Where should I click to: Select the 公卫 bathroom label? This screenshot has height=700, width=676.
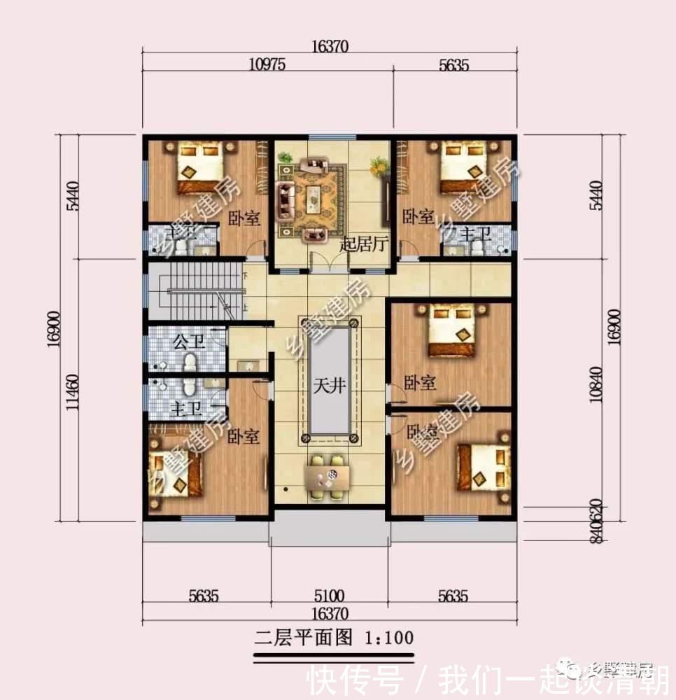point(188,342)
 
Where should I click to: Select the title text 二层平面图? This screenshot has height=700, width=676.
point(304,638)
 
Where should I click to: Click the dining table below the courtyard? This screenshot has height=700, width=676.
point(327,477)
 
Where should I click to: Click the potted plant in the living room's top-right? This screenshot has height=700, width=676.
point(379,165)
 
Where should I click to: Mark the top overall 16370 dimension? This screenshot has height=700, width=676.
point(329,46)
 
